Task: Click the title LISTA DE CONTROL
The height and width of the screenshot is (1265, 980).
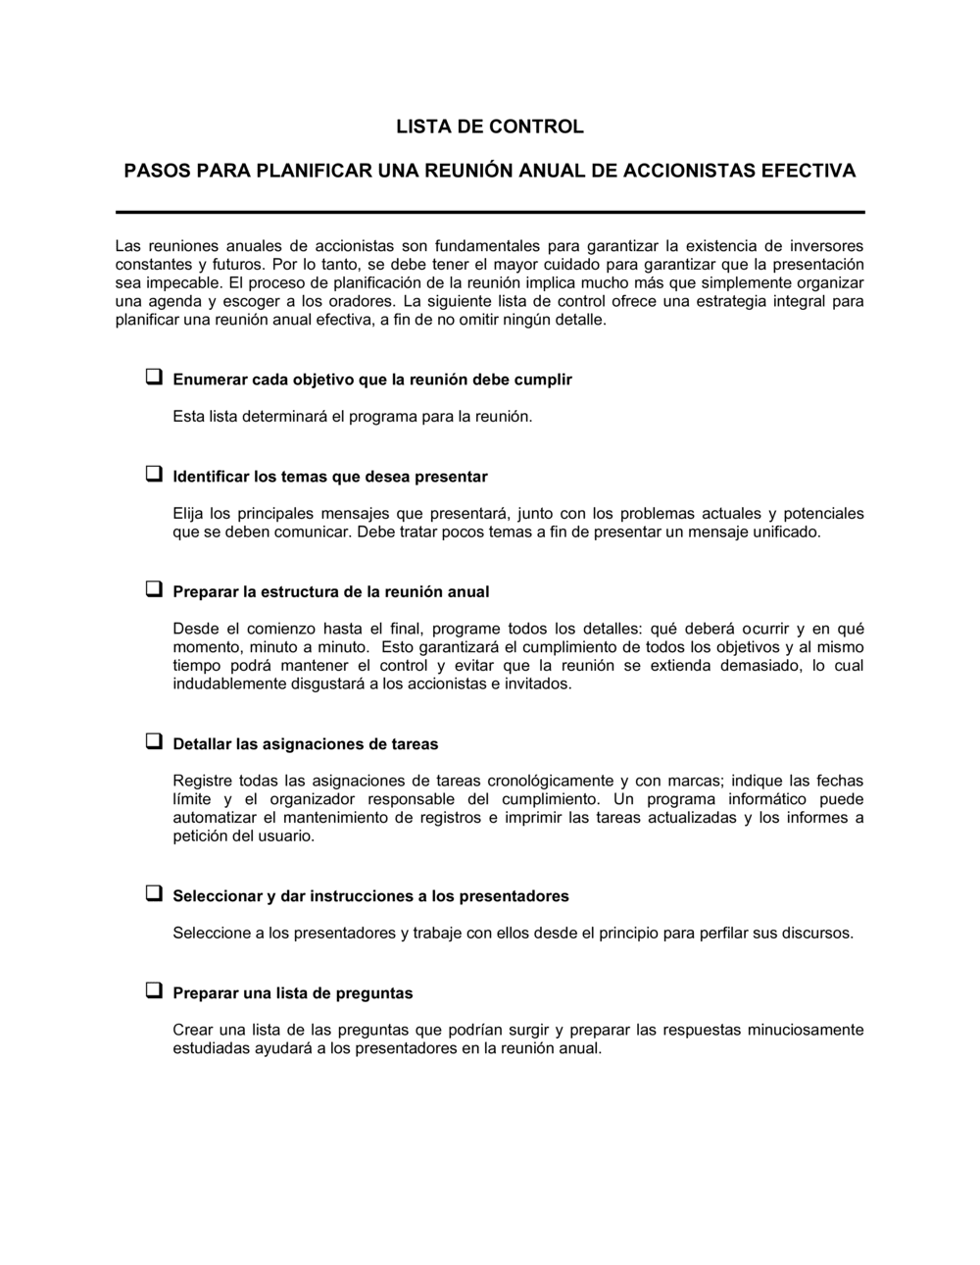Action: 489,126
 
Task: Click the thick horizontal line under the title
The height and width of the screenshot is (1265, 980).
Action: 489,212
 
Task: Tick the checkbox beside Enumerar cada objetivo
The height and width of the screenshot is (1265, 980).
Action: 154,378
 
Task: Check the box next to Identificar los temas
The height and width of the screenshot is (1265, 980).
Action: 154,475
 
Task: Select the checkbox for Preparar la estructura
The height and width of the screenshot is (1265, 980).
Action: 154,590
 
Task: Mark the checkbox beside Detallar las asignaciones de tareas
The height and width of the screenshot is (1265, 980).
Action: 154,742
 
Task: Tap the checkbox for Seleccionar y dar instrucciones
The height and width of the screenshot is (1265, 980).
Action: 154,894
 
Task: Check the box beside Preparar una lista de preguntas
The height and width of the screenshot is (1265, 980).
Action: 154,991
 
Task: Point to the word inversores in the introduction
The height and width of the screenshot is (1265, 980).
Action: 827,245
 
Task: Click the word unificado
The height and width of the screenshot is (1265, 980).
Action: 785,532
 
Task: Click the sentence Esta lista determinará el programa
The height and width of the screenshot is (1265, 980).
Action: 353,417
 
